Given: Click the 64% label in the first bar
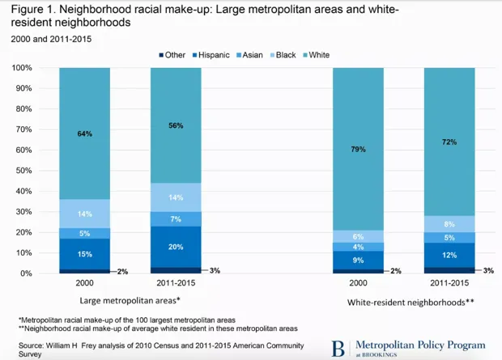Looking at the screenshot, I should [x=84, y=133].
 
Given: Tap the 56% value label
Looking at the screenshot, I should [x=175, y=125].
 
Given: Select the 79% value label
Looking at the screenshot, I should [x=358, y=149].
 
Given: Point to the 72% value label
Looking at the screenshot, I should [x=449, y=142].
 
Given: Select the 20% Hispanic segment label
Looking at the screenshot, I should [x=175, y=247].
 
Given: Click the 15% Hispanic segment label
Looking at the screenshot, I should [x=84, y=254].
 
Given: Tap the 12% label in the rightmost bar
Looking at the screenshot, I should [x=449, y=255].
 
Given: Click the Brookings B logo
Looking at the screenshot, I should [x=338, y=348].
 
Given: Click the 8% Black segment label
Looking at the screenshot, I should [x=449, y=224].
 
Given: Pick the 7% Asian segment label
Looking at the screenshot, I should [x=175, y=219].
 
